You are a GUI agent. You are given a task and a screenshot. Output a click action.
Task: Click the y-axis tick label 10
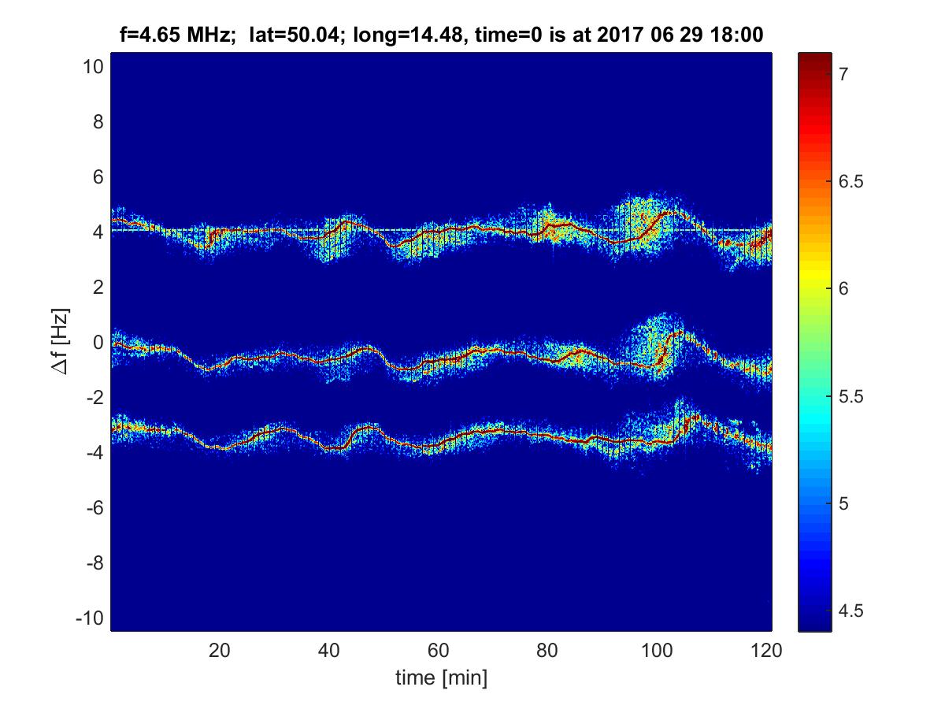point(94,67)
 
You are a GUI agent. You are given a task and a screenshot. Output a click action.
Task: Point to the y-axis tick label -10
point(90,618)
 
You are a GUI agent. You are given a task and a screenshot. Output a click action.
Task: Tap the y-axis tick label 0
point(98,343)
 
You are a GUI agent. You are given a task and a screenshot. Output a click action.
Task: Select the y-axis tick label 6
point(98,177)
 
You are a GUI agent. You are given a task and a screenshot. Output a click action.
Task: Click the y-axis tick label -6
point(95,508)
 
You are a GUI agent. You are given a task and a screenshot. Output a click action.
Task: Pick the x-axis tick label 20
point(219,651)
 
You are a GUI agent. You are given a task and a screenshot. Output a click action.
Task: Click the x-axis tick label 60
point(439,651)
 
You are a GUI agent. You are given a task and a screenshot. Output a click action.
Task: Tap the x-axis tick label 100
point(657,651)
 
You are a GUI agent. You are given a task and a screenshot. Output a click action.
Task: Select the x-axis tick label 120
point(766,651)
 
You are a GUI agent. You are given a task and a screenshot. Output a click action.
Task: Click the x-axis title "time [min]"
point(441,678)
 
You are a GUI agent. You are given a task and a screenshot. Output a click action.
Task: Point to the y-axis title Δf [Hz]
point(61,341)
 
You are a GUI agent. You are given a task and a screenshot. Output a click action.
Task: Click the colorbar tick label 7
point(843,75)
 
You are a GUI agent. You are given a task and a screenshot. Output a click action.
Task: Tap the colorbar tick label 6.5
point(850,182)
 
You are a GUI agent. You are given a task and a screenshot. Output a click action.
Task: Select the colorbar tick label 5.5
point(850,396)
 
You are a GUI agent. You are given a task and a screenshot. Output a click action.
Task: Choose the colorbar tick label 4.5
point(850,611)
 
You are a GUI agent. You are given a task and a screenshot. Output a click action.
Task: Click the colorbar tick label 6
point(843,289)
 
